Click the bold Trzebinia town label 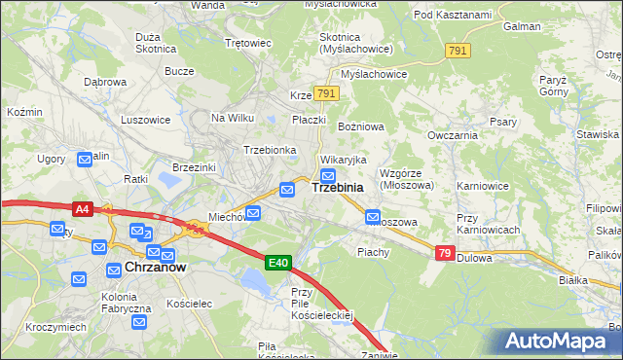[338, 188]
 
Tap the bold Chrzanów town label [155, 266]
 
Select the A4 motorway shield [84, 208]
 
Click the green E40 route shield [278, 263]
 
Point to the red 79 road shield [445, 254]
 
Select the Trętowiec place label [247, 43]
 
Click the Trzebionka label [270, 150]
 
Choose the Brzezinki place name [193, 167]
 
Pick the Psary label [502, 122]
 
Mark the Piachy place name [373, 252]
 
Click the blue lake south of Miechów [254, 283]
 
